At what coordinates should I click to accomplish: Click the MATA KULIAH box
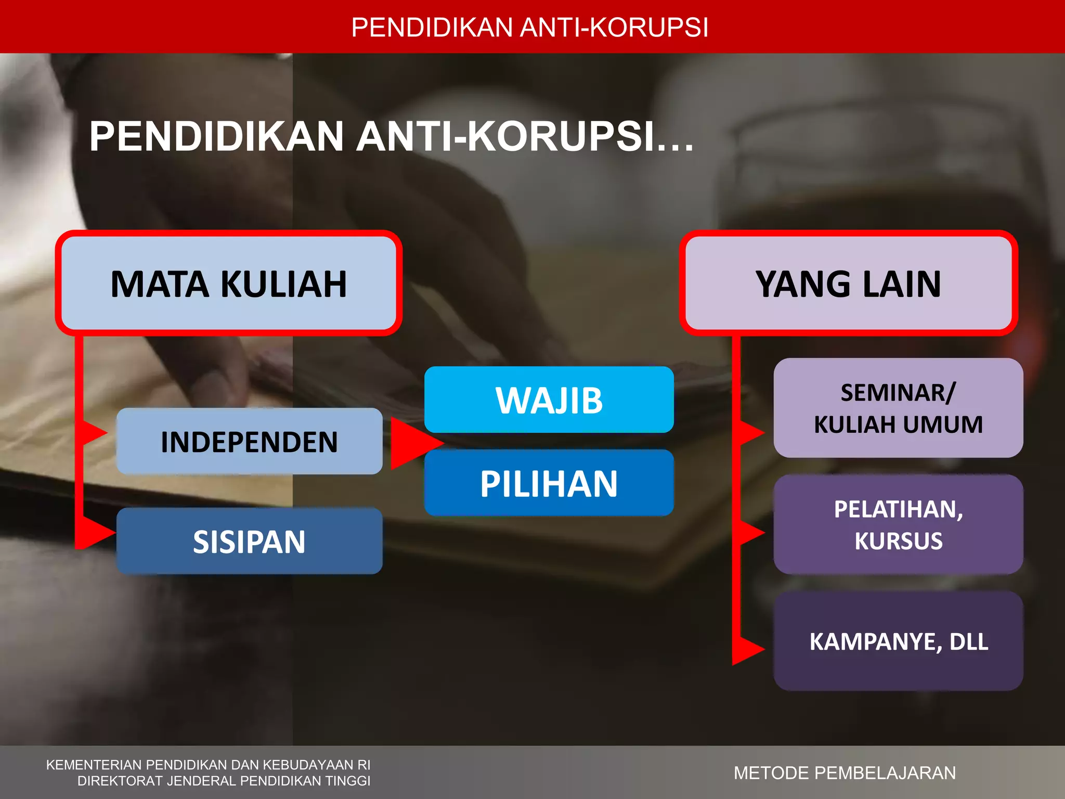229,283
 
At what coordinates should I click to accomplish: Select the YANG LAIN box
848,283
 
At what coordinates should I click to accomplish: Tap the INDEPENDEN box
249,442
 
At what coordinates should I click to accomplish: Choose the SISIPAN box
249,542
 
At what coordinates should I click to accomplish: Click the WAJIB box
549,400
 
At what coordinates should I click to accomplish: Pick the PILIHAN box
549,483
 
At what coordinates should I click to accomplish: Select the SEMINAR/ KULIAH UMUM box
898,408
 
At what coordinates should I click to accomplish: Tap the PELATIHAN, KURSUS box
898,524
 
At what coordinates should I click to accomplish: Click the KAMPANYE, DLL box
898,641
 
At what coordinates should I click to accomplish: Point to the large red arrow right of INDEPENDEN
413,443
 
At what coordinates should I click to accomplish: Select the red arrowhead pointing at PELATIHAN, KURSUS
749,533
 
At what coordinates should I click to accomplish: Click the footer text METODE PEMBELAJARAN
845,773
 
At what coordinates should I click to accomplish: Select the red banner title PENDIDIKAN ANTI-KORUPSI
529,28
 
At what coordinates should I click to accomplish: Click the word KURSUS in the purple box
898,541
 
